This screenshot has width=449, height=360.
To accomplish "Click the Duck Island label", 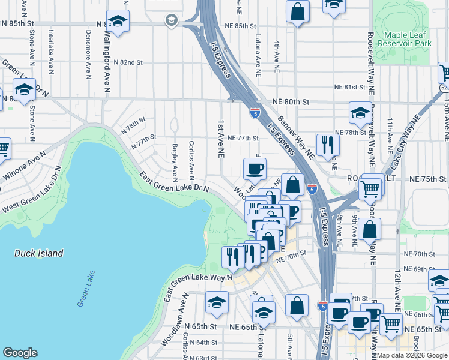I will (x=39, y=253).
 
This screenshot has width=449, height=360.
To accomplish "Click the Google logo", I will (x=20, y=353).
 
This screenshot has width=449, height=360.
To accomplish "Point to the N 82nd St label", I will (x=125, y=62).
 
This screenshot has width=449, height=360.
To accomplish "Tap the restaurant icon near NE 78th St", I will (x=328, y=145).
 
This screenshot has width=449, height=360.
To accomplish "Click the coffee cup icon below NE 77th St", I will (x=255, y=169).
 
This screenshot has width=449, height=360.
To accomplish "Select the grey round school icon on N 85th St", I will (x=171, y=21).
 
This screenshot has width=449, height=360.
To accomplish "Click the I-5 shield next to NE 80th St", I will (x=255, y=111).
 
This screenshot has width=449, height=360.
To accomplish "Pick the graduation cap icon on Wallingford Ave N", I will (x=118, y=21).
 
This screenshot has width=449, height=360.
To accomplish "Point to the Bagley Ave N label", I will (x=175, y=161).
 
